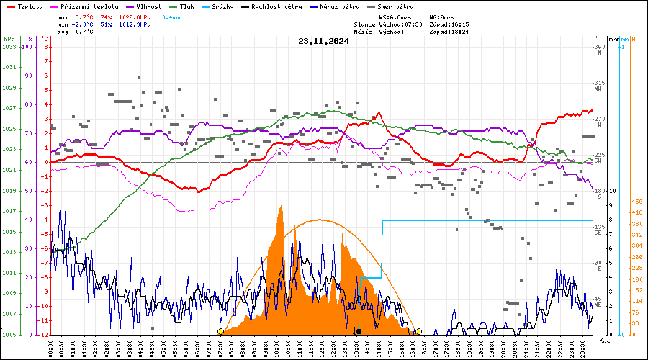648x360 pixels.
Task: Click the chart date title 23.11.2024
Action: [323, 41]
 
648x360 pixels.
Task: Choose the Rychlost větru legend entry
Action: [285, 6]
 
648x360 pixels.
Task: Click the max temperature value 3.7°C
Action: [84, 17]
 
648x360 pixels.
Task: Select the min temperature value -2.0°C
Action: [84, 24]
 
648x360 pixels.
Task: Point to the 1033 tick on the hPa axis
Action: [9, 47]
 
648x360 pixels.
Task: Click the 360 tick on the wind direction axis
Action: [598, 47]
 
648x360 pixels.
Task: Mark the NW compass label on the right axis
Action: [598, 89]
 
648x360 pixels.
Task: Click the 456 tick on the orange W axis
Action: [636, 202]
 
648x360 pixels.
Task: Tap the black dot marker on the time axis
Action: [359, 331]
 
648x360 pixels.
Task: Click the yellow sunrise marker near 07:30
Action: [220, 331]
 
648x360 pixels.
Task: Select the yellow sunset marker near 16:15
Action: [418, 331]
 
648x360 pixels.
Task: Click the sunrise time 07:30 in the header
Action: [411, 24]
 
